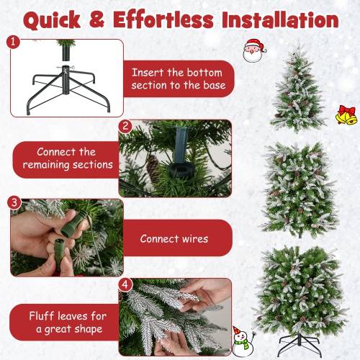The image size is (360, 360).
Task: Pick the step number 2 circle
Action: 125,126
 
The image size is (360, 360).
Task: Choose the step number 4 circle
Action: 125,284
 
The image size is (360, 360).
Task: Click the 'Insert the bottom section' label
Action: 178,79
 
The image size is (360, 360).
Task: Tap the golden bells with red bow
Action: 346,114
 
